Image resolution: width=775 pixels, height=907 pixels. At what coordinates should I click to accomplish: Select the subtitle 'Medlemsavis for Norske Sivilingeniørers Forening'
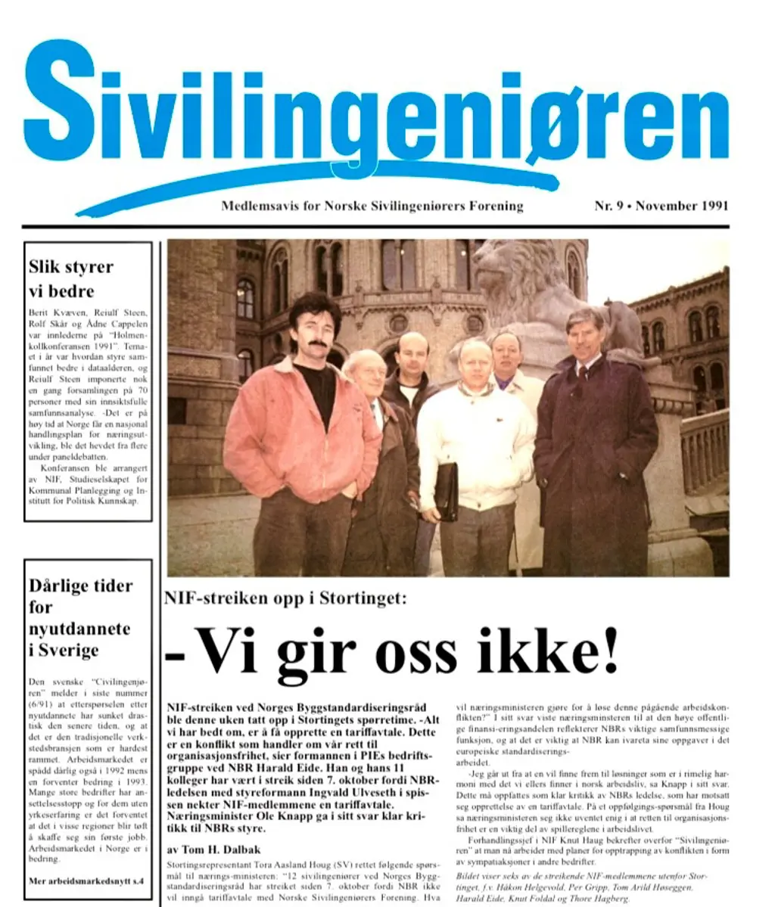coord(372,206)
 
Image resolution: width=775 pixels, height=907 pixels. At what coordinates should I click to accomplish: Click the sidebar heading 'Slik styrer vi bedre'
coord(71,278)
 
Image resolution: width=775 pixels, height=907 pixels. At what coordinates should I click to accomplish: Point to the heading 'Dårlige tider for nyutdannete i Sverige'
coord(80,617)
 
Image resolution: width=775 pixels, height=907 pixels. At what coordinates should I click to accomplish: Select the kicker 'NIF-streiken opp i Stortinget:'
coord(286,598)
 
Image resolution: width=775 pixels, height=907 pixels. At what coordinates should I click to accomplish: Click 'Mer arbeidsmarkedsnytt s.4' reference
coord(86,881)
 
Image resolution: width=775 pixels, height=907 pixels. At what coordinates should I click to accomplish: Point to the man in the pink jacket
coord(303,424)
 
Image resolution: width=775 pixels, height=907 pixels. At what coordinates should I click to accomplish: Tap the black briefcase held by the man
coord(446,491)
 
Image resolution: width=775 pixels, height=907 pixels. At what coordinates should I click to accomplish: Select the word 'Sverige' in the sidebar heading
coord(64,650)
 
